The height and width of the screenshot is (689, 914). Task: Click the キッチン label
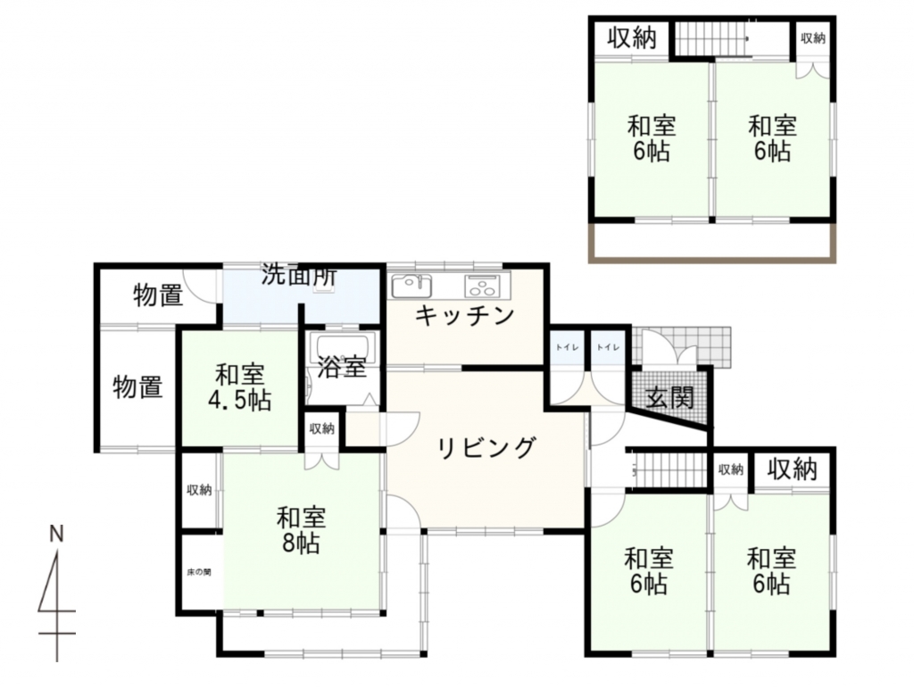coord(464,316)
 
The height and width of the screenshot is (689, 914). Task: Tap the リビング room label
coord(486,448)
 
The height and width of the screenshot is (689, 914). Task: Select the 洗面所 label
coord(299,275)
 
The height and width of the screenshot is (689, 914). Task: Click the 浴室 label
coord(342,367)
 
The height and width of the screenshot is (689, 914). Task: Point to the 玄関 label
coord(671,398)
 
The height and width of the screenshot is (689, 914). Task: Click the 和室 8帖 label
coord(301,530)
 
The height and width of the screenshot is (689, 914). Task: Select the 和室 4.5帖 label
coord(239,387)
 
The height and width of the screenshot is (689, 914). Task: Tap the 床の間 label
coord(199,572)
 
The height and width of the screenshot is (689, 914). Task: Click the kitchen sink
coord(411,286)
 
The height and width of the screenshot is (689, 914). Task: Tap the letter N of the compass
coord(56,534)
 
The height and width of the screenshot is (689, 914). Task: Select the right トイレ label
coord(608,347)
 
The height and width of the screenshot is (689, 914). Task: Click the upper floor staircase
coord(712,40)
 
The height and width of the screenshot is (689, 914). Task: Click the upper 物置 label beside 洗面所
coord(158,295)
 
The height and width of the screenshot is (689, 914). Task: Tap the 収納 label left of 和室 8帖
coord(199,491)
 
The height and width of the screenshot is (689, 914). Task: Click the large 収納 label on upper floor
coord(632,38)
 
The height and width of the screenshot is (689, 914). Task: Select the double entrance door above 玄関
coord(669,349)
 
